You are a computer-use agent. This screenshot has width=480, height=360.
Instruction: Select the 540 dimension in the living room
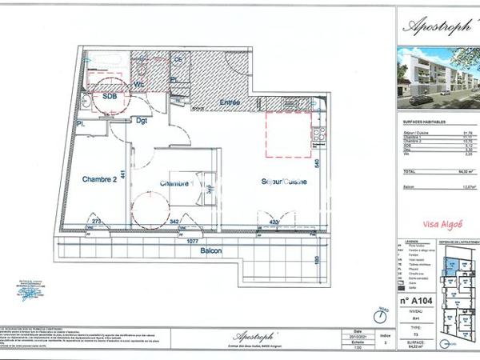click(318, 163)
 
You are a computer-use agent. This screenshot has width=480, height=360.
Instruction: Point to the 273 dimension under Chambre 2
click(96, 221)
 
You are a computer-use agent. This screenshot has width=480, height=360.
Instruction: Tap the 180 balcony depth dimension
click(318, 261)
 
